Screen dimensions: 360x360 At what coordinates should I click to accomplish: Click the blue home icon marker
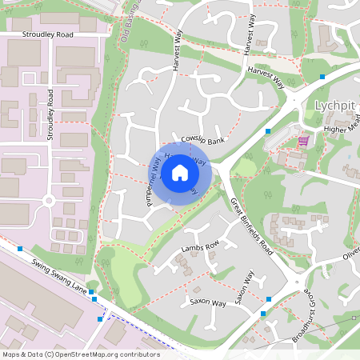pos(180,172)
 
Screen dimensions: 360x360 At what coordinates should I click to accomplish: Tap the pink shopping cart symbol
pos(303,142)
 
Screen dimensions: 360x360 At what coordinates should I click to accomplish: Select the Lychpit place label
pos(334,106)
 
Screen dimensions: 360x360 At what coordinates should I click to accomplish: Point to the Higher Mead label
pos(342,129)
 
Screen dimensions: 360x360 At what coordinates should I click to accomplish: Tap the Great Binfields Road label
pos(252,227)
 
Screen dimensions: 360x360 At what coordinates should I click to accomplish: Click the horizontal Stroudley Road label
pos(48,35)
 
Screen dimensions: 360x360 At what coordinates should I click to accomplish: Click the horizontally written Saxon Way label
pos(206,302)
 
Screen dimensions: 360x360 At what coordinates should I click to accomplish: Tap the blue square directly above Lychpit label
pos(322,77)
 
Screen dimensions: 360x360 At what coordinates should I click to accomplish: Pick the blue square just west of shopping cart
pos(268,130)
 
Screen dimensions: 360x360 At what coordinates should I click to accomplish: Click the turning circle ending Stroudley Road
pos(49,199)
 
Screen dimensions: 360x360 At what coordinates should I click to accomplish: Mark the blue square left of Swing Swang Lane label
pos(19,249)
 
